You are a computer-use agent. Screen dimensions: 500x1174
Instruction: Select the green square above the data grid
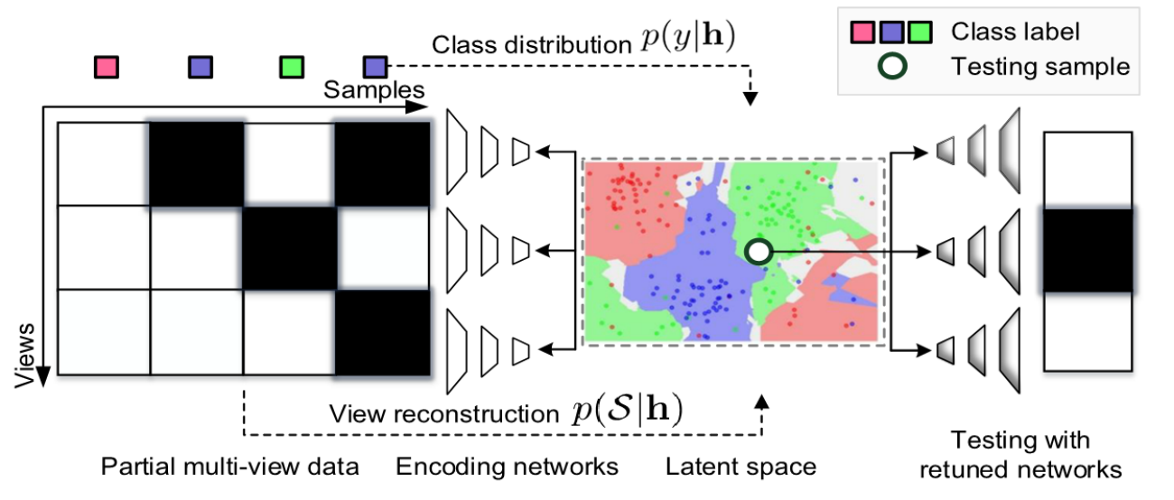(x=292, y=67)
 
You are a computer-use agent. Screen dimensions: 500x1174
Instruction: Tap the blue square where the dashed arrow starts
(x=375, y=67)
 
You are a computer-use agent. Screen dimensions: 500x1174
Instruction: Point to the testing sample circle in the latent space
(x=759, y=252)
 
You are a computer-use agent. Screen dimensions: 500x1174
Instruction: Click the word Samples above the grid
(x=374, y=90)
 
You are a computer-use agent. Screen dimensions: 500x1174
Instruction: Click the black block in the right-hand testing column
(x=1087, y=250)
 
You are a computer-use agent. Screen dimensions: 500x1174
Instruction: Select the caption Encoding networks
(x=507, y=467)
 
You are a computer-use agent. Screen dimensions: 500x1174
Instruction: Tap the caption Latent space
(x=741, y=467)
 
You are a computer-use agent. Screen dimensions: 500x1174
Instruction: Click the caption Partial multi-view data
(x=230, y=467)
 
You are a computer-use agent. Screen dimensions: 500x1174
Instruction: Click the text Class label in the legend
(x=1015, y=32)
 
